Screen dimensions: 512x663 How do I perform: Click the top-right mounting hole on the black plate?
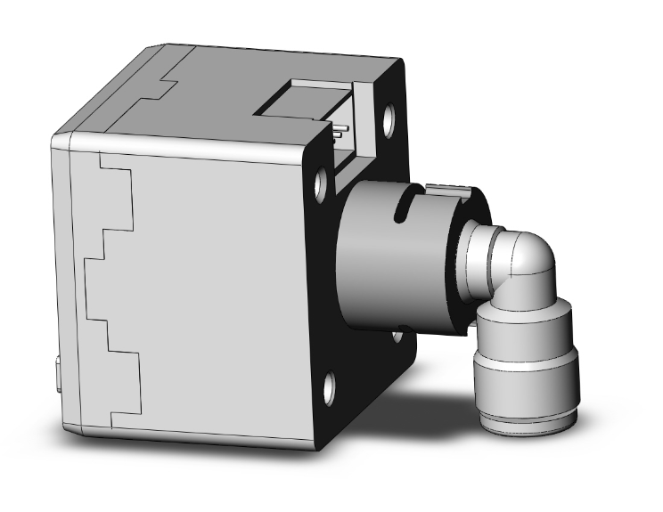coord(389,120)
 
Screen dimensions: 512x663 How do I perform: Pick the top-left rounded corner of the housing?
coord(61,140)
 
